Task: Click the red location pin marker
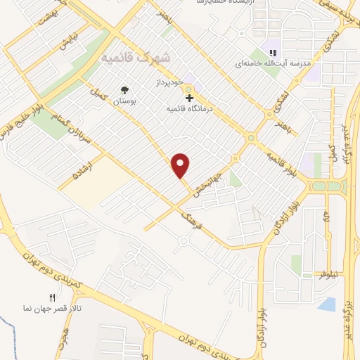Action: click(181, 165)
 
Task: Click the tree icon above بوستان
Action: click(124, 90)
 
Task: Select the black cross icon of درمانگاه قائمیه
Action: click(188, 98)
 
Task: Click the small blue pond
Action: click(326, 304)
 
